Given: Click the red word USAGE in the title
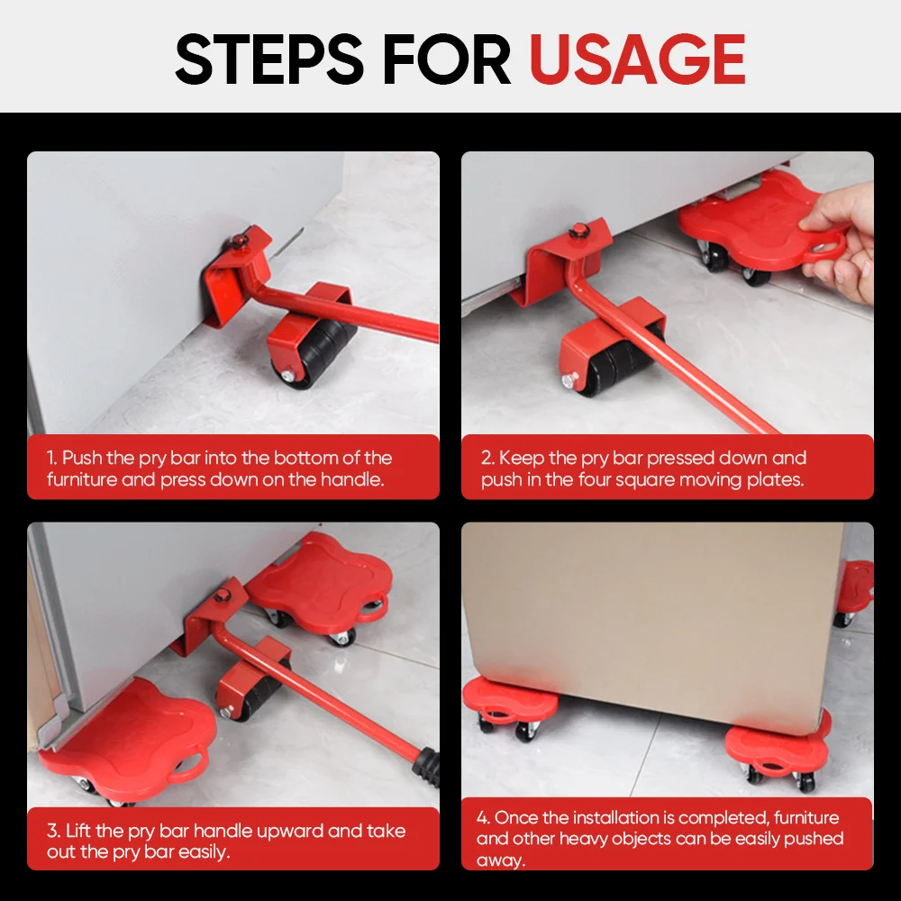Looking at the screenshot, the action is click(x=637, y=59).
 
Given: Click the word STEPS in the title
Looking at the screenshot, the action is click(x=268, y=59).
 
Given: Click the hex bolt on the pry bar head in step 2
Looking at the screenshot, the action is click(x=575, y=232).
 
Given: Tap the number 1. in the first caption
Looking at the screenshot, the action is click(x=52, y=458).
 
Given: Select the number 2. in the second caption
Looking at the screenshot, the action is click(x=488, y=458).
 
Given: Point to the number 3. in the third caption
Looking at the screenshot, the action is click(x=54, y=831).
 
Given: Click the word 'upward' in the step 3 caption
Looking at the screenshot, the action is click(x=290, y=832).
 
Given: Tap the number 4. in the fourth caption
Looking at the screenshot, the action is click(x=483, y=817).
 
